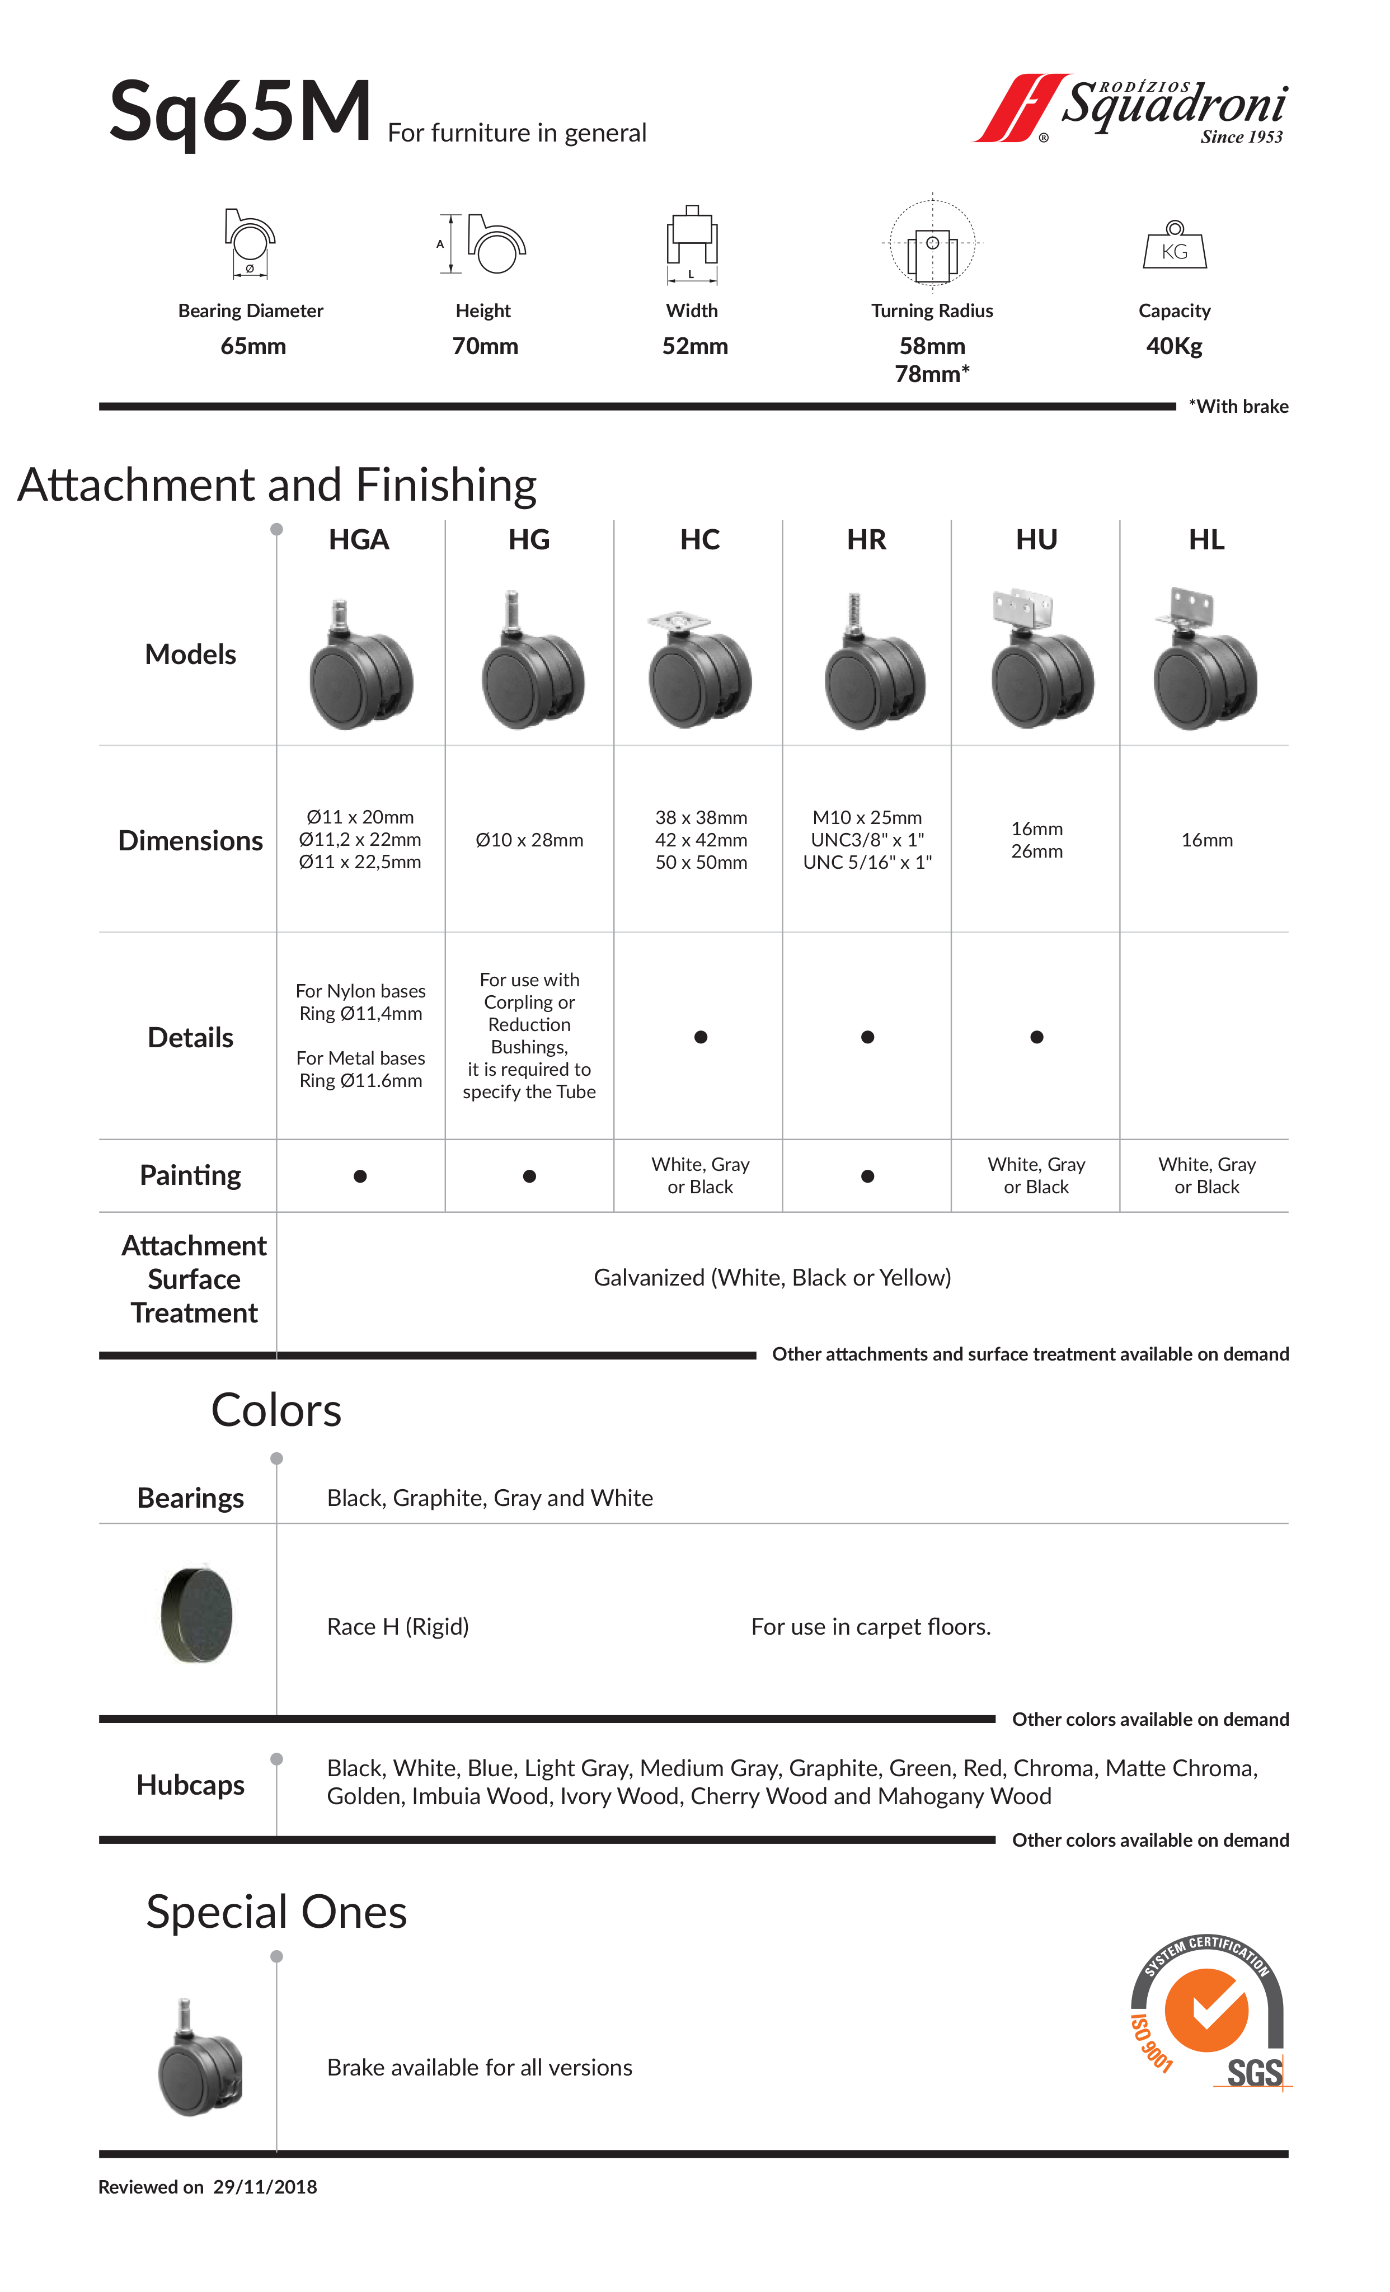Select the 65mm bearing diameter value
coord(253,346)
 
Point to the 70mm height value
coord(485,346)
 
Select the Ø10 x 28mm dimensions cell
coord(529,840)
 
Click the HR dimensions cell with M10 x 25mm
coord(867,839)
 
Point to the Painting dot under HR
coord(867,1176)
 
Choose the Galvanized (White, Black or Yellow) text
coord(772,1277)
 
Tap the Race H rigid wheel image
coord(196,1614)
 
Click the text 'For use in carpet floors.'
coord(871,1626)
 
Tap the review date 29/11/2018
coord(265,2187)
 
